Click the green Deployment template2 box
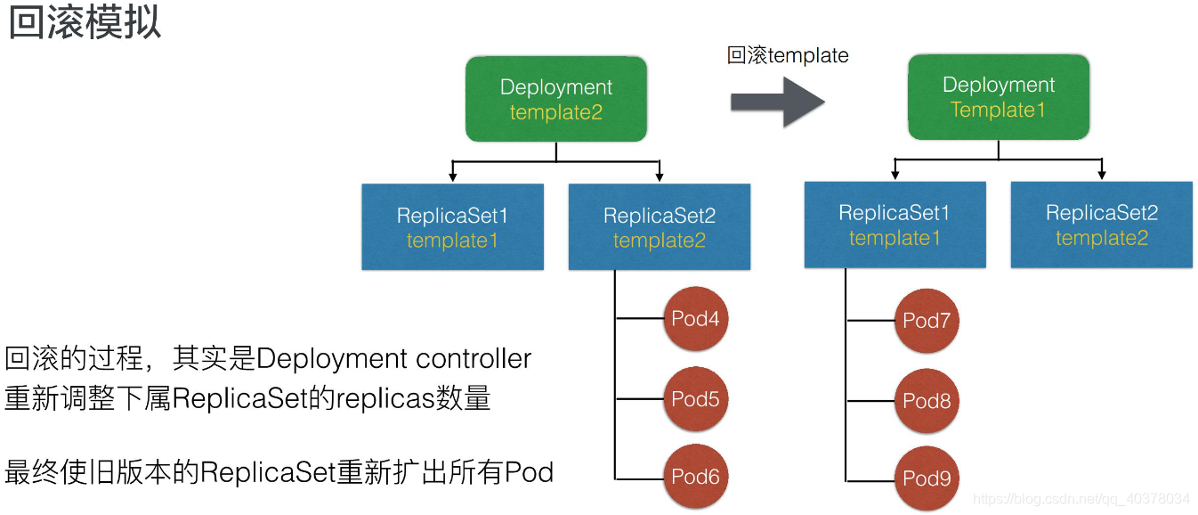[x=555, y=99]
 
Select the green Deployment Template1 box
[x=998, y=97]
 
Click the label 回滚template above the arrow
[x=788, y=56]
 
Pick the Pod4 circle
[x=695, y=319]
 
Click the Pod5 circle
[x=695, y=399]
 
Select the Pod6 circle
[x=695, y=477]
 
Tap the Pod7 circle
[x=927, y=321]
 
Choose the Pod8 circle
[x=927, y=401]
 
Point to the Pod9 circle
[x=927, y=478]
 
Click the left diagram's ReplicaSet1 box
[x=452, y=227]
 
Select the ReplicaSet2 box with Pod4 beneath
[x=659, y=227]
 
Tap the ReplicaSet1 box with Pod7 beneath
[x=894, y=225]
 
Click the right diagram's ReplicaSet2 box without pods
[x=1101, y=225]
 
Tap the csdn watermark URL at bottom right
[x=1081, y=499]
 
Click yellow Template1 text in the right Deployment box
[x=998, y=110]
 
